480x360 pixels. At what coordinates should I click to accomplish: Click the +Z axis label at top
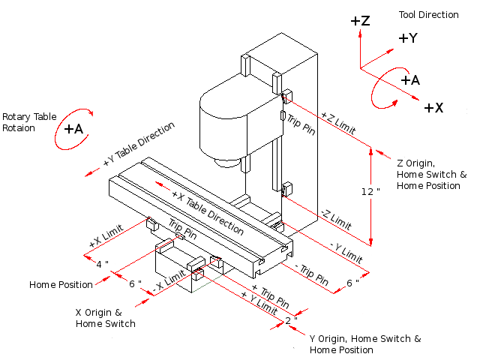point(360,21)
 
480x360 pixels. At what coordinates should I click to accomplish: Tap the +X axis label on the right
point(433,108)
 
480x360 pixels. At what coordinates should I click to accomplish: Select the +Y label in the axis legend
point(408,38)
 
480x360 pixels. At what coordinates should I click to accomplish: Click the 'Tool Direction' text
point(429,15)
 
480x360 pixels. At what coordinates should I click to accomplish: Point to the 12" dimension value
point(367,191)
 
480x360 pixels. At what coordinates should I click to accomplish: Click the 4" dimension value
point(103,263)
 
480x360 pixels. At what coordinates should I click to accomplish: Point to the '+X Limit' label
point(107,238)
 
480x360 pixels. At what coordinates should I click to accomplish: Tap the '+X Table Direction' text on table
point(207,212)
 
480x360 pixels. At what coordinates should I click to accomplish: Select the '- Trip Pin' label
point(311,274)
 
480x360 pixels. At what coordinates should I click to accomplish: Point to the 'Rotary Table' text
point(28,117)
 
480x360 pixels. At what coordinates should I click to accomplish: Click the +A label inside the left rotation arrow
point(73,129)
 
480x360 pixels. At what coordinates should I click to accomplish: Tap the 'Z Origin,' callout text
point(416,163)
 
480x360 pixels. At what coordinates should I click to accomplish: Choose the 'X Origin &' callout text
point(98,312)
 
